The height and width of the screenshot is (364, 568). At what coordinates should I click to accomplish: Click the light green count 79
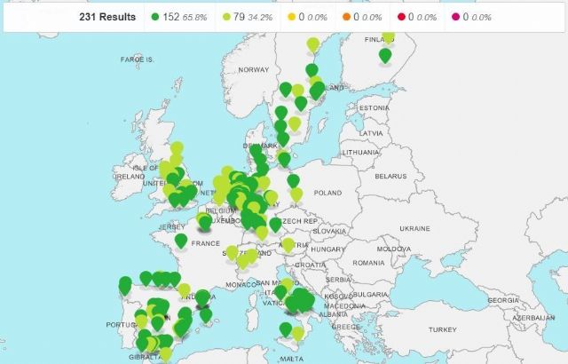239,17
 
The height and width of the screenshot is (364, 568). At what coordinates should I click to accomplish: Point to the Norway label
253,69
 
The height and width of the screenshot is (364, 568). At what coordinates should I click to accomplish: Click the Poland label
327,192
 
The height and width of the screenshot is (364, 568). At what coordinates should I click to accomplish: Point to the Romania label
367,263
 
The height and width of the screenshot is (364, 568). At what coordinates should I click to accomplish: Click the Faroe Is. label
138,59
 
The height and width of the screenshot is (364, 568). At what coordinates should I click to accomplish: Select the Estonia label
374,107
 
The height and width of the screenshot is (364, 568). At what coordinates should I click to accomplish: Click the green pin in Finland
384,55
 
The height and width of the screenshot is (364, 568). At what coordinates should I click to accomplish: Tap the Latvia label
371,132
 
